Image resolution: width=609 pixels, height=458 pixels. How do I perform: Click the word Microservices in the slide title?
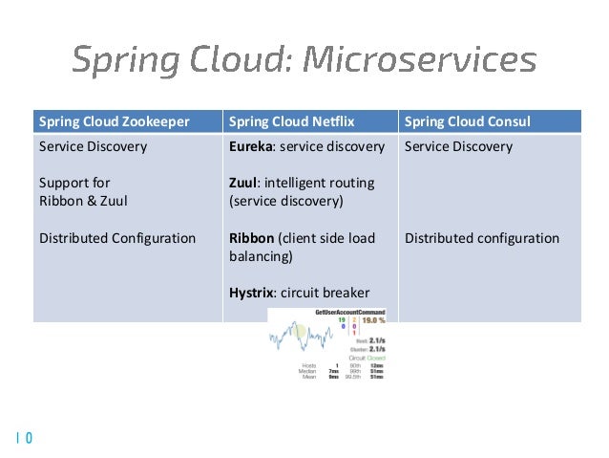[419, 60]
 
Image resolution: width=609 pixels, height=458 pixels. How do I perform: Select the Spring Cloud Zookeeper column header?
[113, 121]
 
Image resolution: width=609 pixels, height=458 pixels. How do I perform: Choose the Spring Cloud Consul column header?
[468, 121]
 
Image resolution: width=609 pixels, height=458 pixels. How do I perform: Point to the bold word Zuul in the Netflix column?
[244, 183]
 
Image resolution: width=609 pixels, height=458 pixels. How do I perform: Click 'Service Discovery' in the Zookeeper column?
[93, 147]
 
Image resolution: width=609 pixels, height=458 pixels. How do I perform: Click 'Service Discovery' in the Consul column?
[458, 147]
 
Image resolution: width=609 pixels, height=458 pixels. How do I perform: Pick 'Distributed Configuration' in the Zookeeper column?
[116, 238]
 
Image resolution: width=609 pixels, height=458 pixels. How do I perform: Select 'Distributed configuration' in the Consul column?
[482, 238]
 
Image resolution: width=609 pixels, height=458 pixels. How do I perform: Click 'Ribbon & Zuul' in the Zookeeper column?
[82, 201]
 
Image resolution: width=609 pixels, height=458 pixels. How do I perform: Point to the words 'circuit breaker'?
[329, 293]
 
